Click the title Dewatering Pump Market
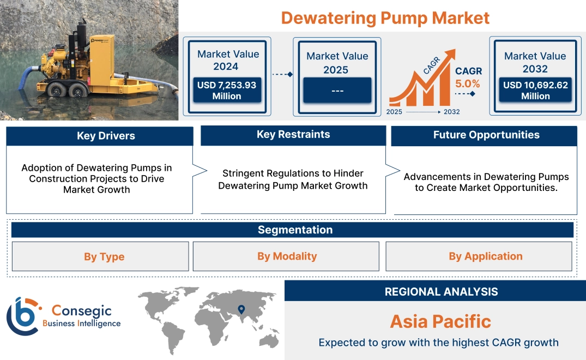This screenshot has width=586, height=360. coord(385,17)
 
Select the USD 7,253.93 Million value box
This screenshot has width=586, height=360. coord(227,91)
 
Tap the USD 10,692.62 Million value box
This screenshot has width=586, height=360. coord(535,91)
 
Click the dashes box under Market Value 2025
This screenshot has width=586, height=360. coord(337,90)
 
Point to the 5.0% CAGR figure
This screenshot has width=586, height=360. coord(468,83)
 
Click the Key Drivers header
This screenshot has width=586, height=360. coord(99,136)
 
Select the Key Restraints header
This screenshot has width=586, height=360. coord(293,135)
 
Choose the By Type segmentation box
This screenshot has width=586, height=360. coord(100,256)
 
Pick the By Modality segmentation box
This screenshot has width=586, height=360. coord(286,256)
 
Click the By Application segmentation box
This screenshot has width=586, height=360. coord(479,256)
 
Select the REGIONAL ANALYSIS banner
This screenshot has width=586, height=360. coord(435,291)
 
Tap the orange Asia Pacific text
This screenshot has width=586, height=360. coord(440,321)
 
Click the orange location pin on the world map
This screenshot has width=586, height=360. coord(240,310)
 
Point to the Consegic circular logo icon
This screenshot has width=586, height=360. coord(22,316)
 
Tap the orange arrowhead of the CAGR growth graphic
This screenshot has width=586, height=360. coord(450,55)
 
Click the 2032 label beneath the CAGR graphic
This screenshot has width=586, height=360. coord(451,112)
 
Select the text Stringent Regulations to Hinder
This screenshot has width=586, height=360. coord(293,173)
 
